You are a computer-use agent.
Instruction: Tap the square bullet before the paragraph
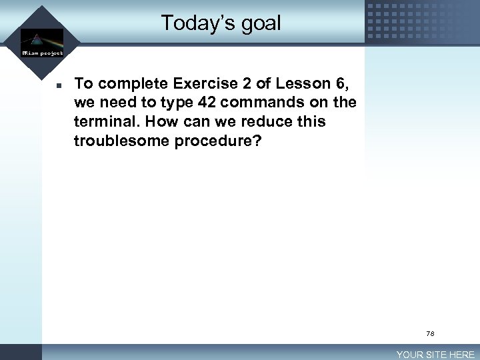click(x=59, y=85)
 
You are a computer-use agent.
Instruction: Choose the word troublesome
click(x=122, y=141)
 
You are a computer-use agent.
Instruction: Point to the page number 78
click(x=430, y=333)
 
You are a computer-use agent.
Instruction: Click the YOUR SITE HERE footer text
click(x=435, y=355)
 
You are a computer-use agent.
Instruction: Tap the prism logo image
click(x=41, y=38)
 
